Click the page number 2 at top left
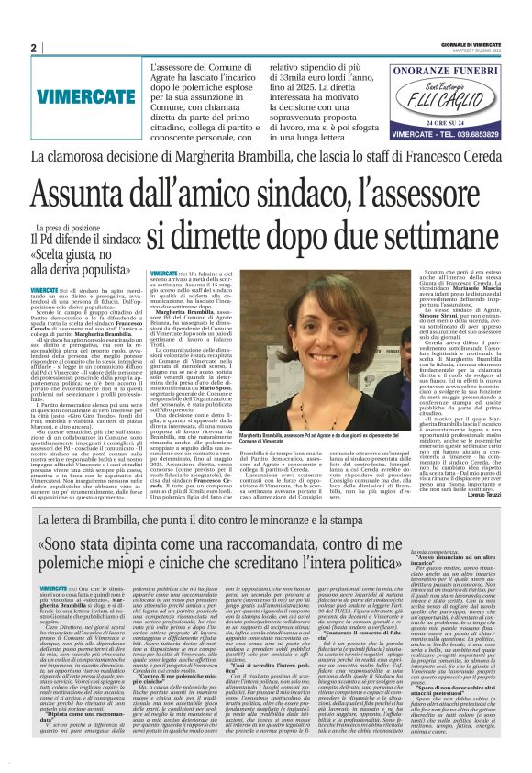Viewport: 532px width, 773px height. pyautogui.click(x=33, y=48)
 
